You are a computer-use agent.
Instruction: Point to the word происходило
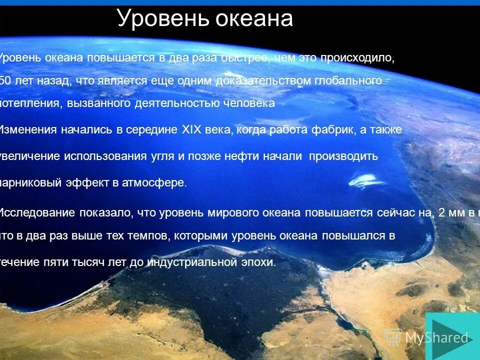(x=357, y=58)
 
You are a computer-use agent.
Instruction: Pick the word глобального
(x=349, y=80)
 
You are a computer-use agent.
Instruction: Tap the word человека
(x=249, y=103)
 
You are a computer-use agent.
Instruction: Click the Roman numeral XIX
(x=191, y=130)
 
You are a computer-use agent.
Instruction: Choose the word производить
(x=343, y=156)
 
